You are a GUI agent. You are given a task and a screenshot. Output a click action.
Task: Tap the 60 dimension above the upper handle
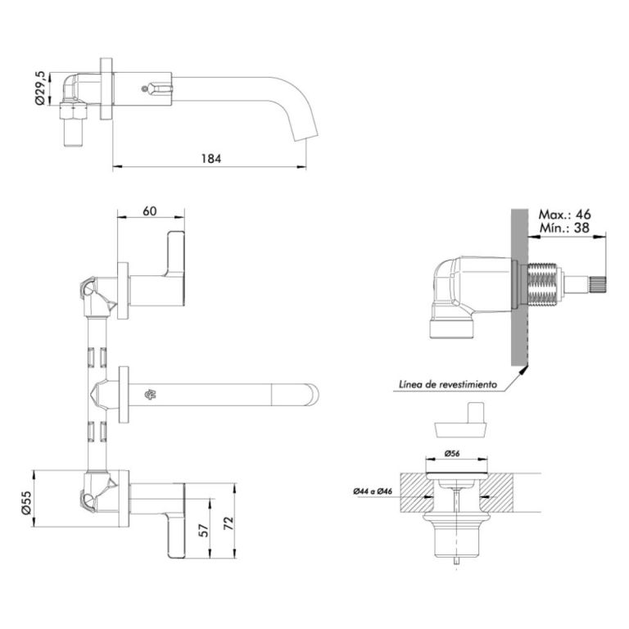pos(150,210)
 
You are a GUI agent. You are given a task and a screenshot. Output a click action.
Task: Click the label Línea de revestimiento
pos(448,383)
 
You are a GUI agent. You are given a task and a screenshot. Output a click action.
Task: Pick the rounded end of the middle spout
pos(312,394)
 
